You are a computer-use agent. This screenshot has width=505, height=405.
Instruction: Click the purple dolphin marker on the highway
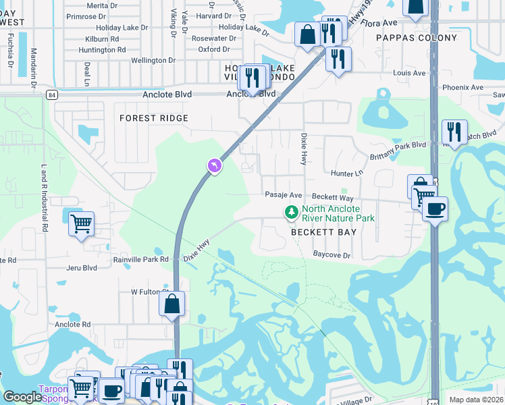tap(214, 165)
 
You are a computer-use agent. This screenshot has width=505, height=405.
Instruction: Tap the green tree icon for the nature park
tap(292, 213)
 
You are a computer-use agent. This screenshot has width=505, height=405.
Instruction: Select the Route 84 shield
tap(52, 95)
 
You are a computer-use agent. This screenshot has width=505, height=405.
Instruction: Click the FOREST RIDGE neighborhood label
tap(153, 118)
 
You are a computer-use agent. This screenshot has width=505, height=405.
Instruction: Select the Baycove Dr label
tap(332, 255)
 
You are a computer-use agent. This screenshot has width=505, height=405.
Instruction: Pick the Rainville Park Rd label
tap(140, 259)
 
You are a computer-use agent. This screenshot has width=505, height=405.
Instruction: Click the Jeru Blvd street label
tap(82, 268)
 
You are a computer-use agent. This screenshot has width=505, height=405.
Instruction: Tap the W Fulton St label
tap(149, 292)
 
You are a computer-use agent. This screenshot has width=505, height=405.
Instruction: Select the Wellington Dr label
tap(153, 61)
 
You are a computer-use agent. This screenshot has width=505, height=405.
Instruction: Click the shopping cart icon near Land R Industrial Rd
tap(81, 223)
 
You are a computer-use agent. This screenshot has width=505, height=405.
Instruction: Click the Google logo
tap(22, 397)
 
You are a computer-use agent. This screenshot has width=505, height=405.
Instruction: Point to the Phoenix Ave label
tap(462, 88)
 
